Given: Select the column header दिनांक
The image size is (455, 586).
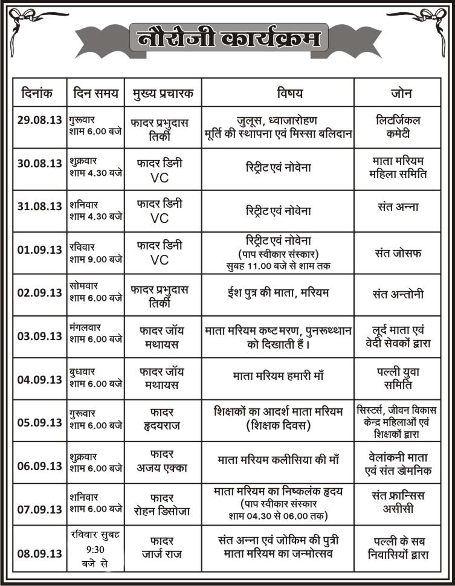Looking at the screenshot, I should pyautogui.click(x=38, y=94).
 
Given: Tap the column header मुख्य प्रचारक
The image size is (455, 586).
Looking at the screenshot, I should pyautogui.click(x=163, y=94).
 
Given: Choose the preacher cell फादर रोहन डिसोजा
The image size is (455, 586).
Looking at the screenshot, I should pyautogui.click(x=161, y=503).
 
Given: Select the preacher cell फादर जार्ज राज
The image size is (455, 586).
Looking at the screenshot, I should pyautogui.click(x=161, y=546).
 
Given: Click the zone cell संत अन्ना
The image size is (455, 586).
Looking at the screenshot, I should pyautogui.click(x=397, y=207).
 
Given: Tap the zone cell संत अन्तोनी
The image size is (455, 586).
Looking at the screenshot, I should pyautogui.click(x=398, y=295).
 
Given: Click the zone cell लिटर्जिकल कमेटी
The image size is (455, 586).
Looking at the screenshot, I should pyautogui.click(x=398, y=127).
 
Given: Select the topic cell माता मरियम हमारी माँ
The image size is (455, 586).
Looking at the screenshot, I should pyautogui.click(x=278, y=376).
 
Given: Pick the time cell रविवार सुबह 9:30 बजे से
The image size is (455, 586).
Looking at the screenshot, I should pyautogui.click(x=95, y=549).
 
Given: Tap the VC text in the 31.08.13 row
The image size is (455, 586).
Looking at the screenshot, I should pyautogui.click(x=160, y=218).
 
